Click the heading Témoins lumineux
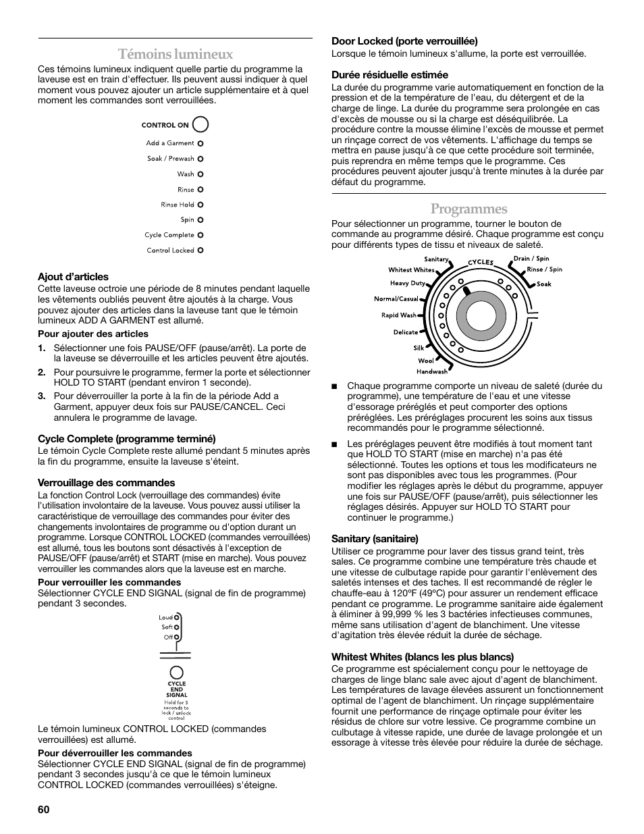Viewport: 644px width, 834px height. tap(175, 54)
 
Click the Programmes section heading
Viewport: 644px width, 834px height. tap(468, 209)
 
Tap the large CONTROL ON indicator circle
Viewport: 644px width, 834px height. tap(200, 124)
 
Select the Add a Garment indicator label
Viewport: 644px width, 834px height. tap(169, 143)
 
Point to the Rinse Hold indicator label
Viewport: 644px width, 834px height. tap(178, 205)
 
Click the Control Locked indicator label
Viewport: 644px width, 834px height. tap(170, 251)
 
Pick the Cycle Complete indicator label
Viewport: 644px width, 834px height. tap(169, 235)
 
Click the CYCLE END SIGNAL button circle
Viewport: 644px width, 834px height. tap(176, 672)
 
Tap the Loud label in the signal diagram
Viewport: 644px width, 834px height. tap(165, 617)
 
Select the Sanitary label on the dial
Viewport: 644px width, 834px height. tap(436, 259)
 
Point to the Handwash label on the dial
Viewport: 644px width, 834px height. tap(431, 371)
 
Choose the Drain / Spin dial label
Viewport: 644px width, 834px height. tap(531, 259)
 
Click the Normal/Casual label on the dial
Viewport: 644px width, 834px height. tap(396, 298)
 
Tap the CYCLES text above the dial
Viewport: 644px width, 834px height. tap(481, 262)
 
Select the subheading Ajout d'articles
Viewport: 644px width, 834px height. tap(73, 277)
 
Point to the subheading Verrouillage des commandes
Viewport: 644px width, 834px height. tap(106, 483)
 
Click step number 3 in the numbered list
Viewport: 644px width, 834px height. tap(41, 396)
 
